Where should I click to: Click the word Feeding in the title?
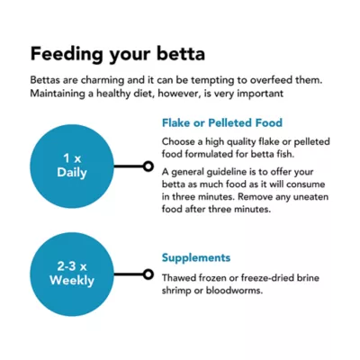67,54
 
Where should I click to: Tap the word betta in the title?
181,54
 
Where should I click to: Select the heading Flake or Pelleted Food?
222,122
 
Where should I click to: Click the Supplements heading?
196,257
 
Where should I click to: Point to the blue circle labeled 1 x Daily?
72,166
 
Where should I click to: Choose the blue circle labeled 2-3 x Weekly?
72,274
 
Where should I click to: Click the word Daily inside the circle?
72,173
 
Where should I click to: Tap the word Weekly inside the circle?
72,281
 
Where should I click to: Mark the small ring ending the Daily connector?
148,166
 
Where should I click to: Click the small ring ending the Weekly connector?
148,274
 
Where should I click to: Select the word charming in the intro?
103,80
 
